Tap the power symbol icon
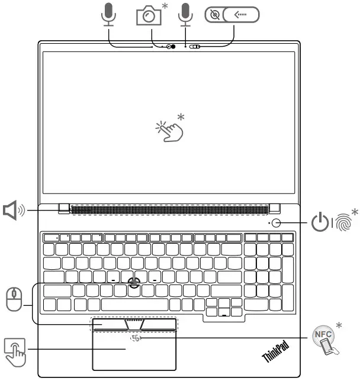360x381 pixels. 320,223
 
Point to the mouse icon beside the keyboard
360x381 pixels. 13,299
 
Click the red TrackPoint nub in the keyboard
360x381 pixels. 134,282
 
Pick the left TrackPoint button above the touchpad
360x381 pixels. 108,324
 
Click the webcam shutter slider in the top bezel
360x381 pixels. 194,47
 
